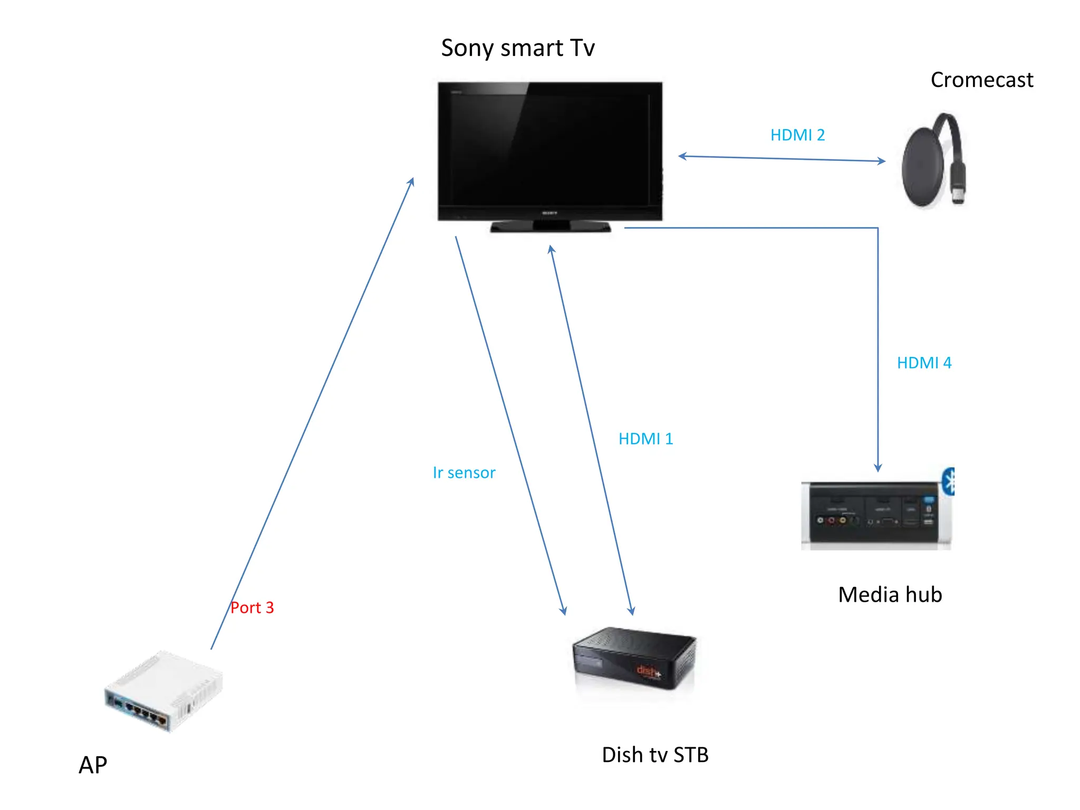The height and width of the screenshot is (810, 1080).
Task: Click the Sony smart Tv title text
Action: point(517,49)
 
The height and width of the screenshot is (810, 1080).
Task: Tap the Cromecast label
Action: point(981,80)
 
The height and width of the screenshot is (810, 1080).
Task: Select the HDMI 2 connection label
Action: point(797,136)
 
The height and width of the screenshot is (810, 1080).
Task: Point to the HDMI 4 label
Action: point(924,363)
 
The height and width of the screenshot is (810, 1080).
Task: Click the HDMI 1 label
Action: point(645,439)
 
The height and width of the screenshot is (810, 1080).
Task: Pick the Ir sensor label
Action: point(464,473)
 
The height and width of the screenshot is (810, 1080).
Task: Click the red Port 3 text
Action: point(252,608)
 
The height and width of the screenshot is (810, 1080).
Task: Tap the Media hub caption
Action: point(890,595)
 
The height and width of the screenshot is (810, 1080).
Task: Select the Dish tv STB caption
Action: point(654,755)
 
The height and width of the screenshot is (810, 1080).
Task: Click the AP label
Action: point(93,765)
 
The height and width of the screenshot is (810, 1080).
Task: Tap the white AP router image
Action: point(163,691)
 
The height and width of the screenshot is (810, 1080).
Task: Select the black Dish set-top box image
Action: point(634,659)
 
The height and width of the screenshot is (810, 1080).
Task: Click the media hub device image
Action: point(875,514)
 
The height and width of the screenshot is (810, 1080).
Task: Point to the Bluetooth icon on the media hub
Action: point(949,481)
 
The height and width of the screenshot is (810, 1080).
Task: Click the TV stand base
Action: point(551,227)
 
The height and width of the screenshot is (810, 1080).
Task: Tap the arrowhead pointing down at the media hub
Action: point(878,467)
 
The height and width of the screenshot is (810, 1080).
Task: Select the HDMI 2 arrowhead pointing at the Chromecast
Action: point(882,161)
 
